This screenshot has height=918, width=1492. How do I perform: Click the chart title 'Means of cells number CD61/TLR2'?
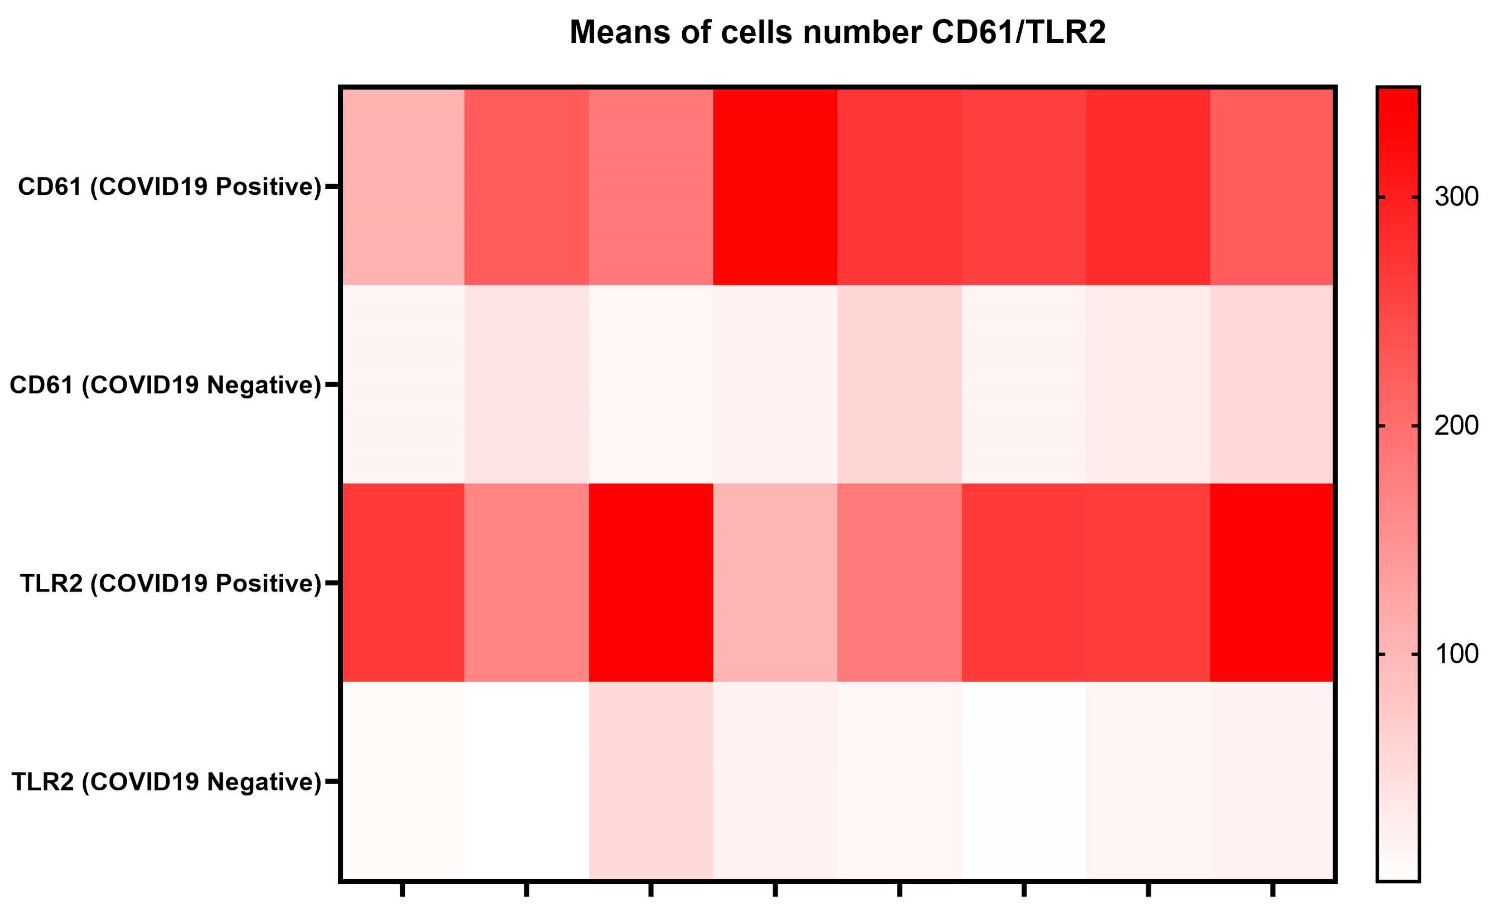(837, 32)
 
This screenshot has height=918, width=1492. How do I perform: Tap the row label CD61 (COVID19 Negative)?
(165, 385)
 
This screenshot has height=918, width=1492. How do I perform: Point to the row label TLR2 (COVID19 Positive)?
(171, 583)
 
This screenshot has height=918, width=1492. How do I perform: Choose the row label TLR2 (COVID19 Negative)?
(167, 782)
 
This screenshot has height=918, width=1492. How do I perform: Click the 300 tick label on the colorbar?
(1456, 197)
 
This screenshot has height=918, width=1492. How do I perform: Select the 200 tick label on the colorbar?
(1456, 426)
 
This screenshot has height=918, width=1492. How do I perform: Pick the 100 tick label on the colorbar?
(1456, 654)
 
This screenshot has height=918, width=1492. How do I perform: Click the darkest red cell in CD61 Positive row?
(774, 186)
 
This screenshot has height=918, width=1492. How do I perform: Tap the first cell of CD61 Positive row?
(403, 186)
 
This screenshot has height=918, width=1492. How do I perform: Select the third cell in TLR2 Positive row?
(651, 583)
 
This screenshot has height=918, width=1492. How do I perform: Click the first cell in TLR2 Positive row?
(403, 583)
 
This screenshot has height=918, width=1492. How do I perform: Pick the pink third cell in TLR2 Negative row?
(651, 782)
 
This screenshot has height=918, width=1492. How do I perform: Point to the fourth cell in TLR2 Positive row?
(774, 583)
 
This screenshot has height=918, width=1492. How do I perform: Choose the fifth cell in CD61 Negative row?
(899, 385)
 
